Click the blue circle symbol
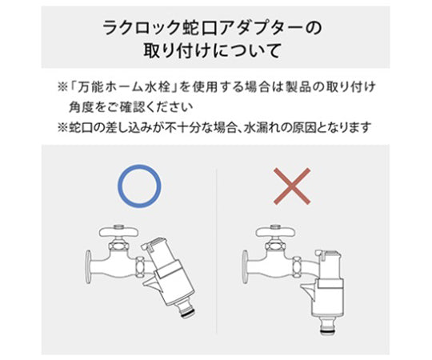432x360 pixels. (x=139, y=166)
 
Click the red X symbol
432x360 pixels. (x=292, y=186)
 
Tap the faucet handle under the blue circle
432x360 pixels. (x=118, y=231)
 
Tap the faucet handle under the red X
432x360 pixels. (x=275, y=231)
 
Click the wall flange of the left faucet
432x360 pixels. (x=89, y=265)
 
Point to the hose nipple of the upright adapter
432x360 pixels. (x=328, y=325)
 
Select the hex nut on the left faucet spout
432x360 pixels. (x=141, y=267)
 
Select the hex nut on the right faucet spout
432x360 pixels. (x=298, y=267)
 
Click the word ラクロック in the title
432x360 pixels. (x=141, y=28)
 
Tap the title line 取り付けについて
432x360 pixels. (x=212, y=50)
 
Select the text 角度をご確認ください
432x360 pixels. (x=131, y=107)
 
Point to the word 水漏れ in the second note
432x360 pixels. (x=262, y=127)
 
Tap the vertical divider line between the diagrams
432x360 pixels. (x=217, y=251)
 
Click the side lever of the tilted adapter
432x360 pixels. (x=150, y=286)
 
